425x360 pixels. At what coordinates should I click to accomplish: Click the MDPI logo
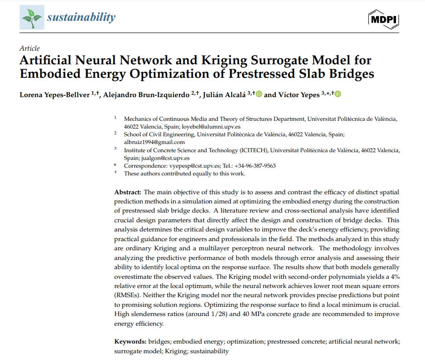point(383,18)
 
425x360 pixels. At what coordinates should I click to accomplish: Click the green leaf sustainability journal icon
point(32,18)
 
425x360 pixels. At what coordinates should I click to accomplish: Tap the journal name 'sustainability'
point(81,18)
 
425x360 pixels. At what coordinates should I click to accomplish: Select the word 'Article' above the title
point(29,48)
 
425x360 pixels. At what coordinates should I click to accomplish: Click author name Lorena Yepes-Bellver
point(52,94)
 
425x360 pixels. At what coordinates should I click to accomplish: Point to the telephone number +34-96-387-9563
point(253,166)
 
